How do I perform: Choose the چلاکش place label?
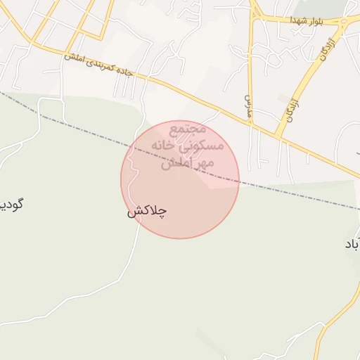coord(147,210)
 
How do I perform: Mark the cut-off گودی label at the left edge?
coord(11,205)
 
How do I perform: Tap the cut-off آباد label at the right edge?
coord(352,244)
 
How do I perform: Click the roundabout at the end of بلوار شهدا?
coord(342,22)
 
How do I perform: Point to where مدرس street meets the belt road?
coord(250,124)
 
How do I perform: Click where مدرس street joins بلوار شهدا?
coord(255,19)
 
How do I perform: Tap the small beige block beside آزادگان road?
coord(283,98)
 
